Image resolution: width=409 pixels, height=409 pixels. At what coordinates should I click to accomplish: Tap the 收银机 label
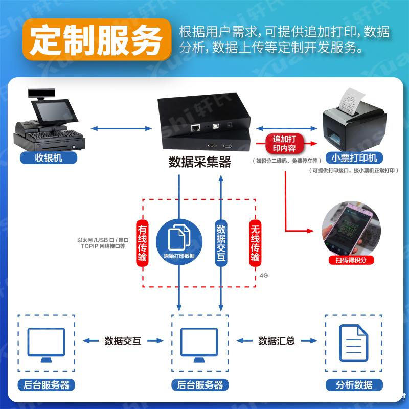pos(49,157)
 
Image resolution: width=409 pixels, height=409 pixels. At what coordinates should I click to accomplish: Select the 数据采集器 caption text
pos(200,162)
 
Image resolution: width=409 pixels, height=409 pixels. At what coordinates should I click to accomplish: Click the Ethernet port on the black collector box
pos(195,126)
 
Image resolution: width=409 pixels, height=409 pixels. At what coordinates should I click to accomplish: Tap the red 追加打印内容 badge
pos(285,144)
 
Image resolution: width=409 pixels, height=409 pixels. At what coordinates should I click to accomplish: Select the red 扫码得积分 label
pos(351,260)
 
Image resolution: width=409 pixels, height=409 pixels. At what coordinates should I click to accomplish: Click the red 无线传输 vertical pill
pos(255,243)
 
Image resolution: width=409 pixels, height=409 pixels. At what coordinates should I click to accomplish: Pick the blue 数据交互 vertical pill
pos(221,243)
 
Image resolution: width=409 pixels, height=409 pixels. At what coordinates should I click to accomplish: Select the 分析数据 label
pos(354,385)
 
